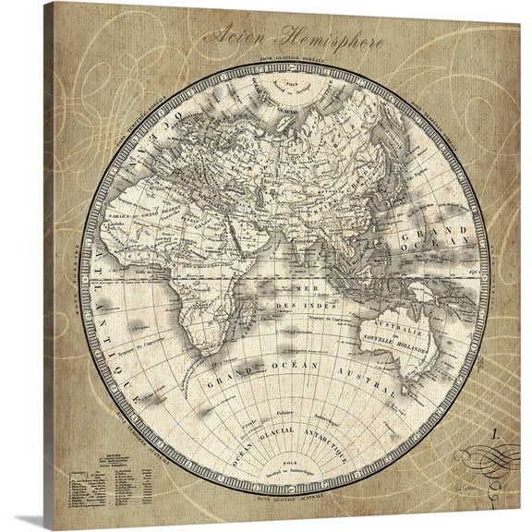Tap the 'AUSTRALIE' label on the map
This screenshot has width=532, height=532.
(398, 327)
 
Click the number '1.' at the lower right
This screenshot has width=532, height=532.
(500, 431)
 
